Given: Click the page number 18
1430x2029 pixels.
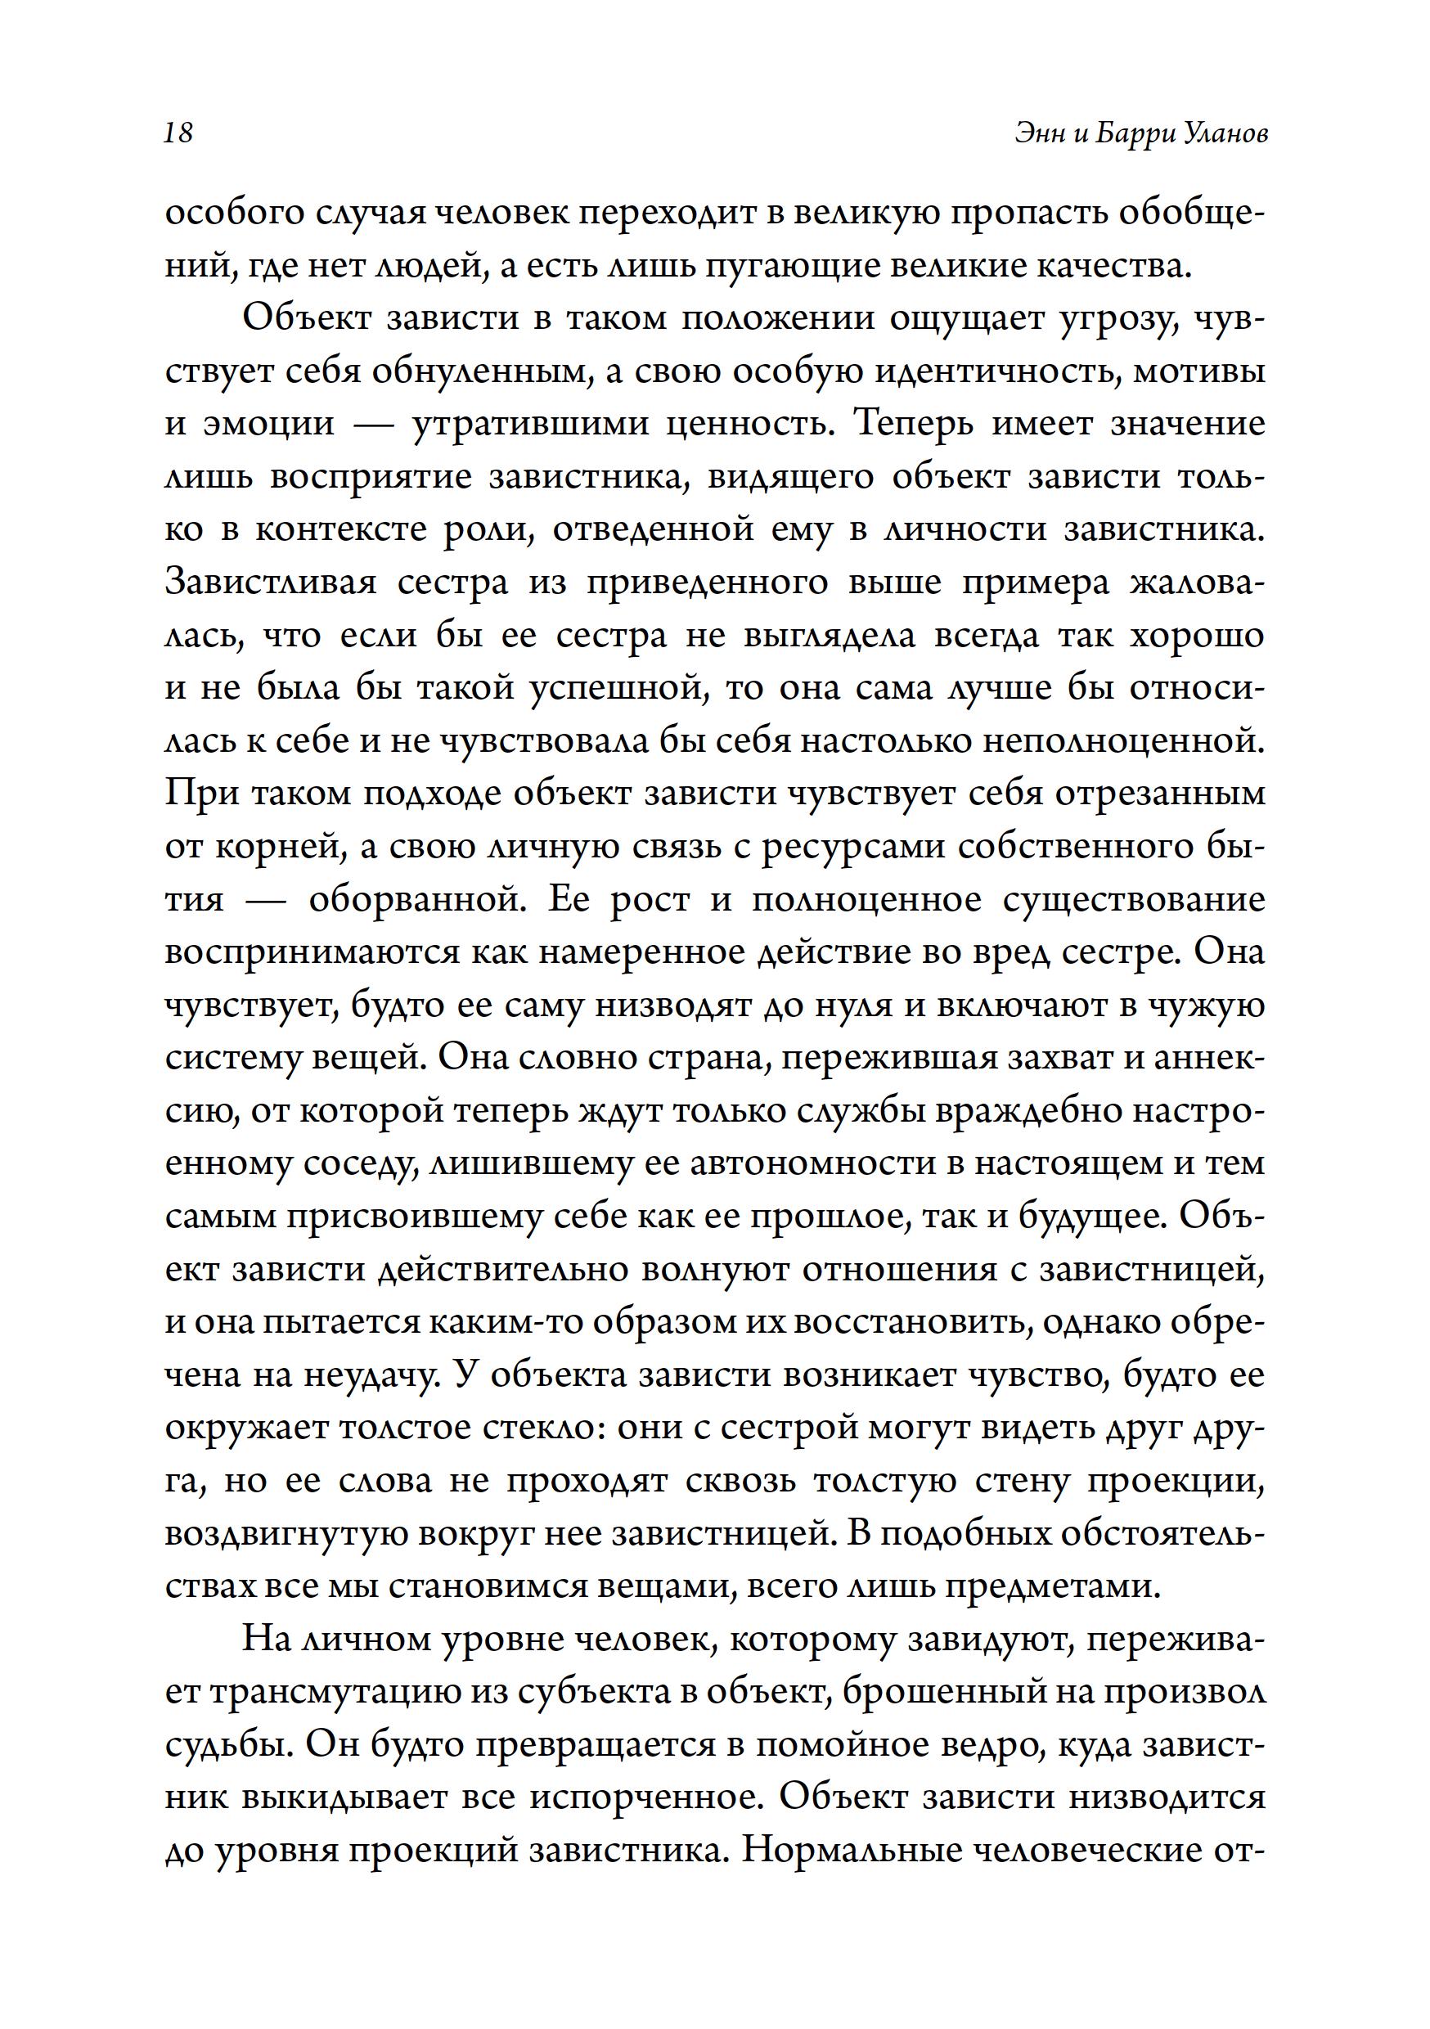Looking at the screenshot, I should (x=178, y=133).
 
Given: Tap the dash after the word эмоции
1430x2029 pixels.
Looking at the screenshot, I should (x=373, y=424).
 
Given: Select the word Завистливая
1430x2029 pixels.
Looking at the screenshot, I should (x=271, y=583).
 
